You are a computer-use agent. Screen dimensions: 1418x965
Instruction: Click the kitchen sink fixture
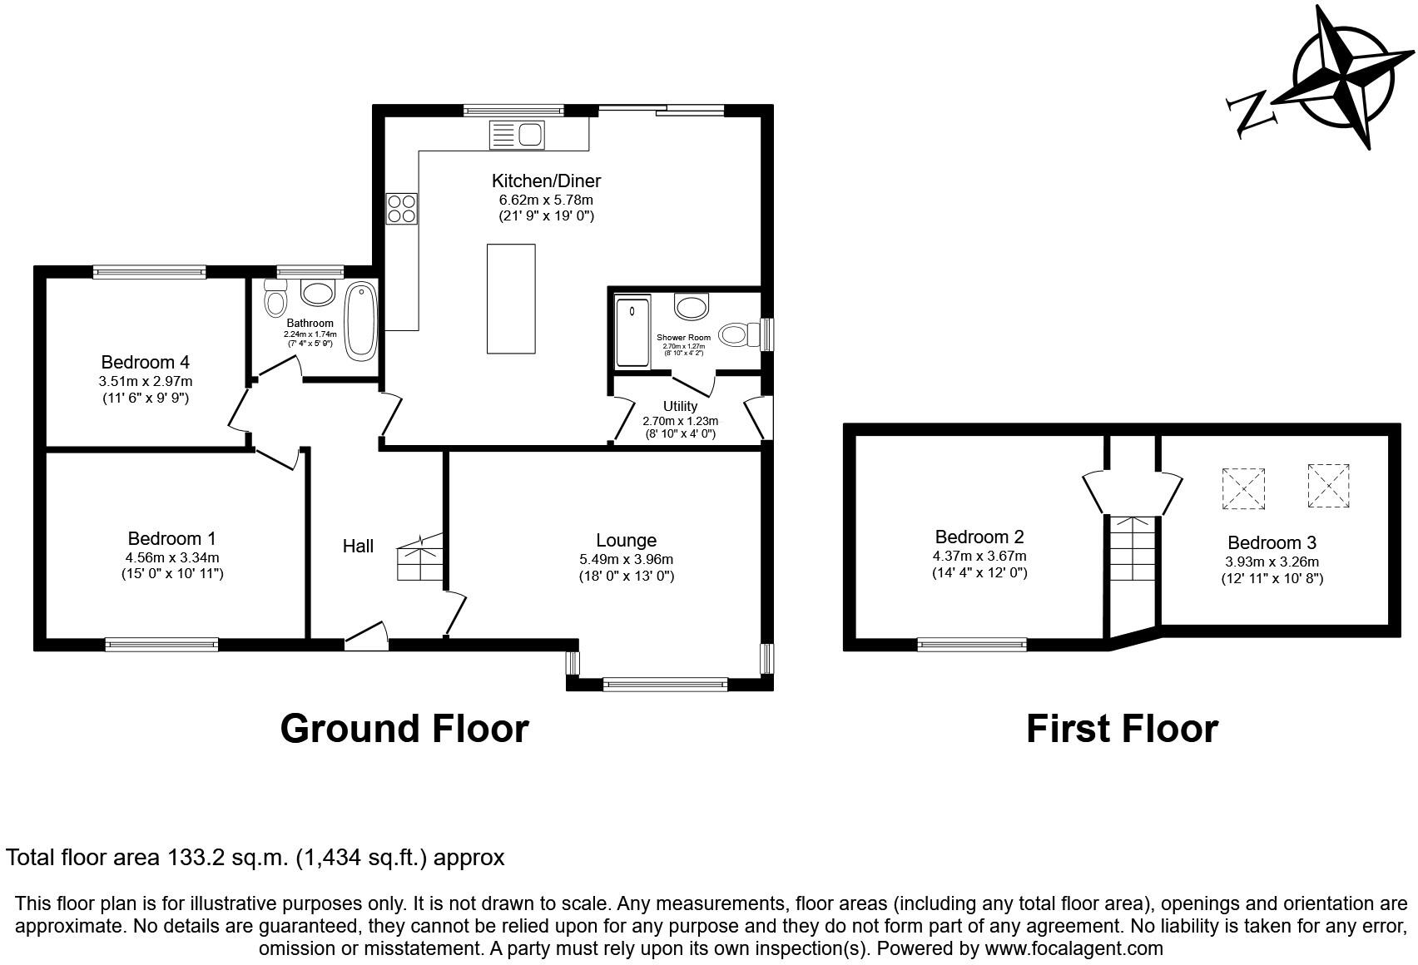[x=517, y=135]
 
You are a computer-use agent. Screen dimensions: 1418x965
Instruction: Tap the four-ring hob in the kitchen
[x=402, y=209]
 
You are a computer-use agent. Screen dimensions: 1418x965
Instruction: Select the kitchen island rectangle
[x=511, y=299]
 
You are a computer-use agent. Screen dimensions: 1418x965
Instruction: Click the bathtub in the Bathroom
[x=361, y=322]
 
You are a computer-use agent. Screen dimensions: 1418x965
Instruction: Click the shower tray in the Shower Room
[x=633, y=332]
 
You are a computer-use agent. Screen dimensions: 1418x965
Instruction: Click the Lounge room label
[x=626, y=541]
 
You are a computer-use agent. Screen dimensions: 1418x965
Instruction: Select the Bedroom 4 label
[x=145, y=362]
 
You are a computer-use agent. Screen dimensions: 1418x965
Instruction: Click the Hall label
[x=358, y=546]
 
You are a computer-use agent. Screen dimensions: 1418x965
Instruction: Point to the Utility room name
[x=680, y=406]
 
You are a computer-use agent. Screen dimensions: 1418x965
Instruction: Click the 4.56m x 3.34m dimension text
[x=172, y=557]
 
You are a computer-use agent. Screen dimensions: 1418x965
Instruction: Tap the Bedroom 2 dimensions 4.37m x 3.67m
[x=979, y=557]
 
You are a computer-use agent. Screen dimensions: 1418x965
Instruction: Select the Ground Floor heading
[x=404, y=729]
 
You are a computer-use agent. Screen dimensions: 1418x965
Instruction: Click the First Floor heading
[x=1122, y=729]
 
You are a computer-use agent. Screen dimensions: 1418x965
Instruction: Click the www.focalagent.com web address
[x=1073, y=948]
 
